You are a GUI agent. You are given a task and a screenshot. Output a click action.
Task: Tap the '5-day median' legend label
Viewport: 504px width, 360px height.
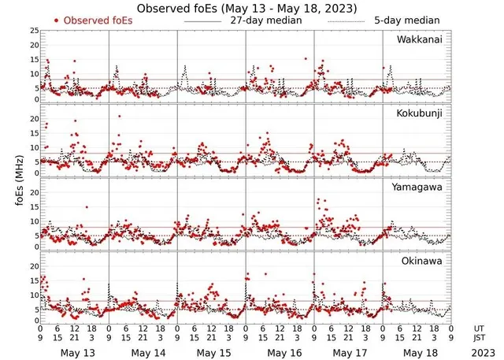click(402, 20)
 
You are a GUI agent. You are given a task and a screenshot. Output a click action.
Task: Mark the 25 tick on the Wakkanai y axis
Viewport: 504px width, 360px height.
click(34, 30)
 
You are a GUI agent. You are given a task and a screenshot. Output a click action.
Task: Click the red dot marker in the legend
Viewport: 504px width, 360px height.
click(57, 20)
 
